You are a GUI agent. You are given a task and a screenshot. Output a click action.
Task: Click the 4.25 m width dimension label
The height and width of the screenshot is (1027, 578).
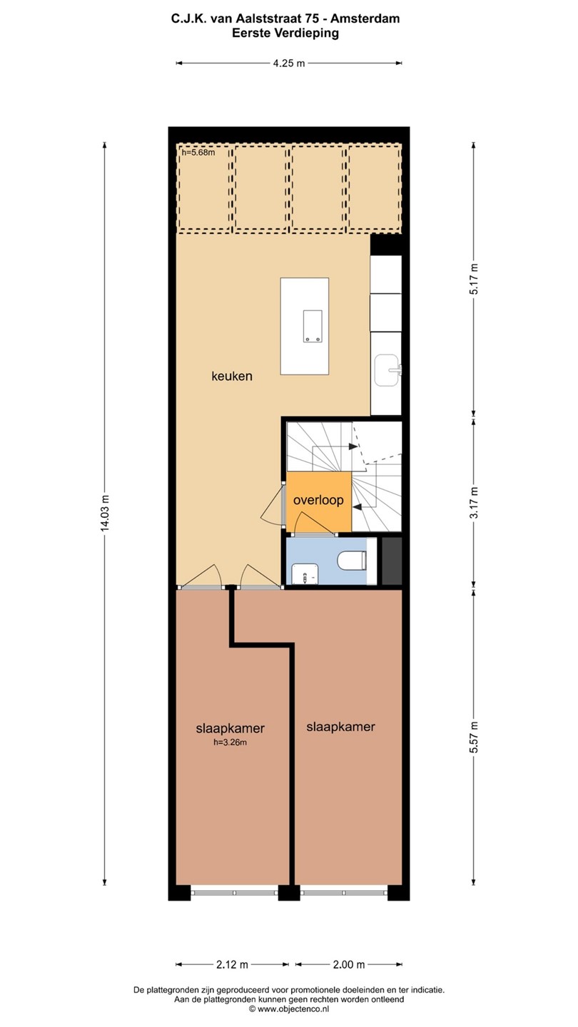point(289,63)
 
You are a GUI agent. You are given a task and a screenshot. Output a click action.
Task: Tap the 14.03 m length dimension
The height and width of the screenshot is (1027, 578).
point(105,513)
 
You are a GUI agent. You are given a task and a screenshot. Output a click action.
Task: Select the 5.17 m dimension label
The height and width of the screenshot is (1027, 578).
point(475,279)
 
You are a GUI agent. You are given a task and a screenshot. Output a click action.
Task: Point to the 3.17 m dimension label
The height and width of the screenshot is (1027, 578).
point(475,502)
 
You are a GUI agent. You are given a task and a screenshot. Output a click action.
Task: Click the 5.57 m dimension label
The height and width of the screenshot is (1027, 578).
point(475,737)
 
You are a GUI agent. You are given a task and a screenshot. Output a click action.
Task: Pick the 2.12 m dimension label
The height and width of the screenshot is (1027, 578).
point(232,965)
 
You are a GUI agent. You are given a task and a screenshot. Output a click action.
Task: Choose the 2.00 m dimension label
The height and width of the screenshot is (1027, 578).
point(349,965)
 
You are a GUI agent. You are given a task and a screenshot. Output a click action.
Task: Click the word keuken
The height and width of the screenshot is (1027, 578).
point(232,377)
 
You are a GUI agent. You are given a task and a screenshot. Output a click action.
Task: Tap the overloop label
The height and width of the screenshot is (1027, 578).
point(318,500)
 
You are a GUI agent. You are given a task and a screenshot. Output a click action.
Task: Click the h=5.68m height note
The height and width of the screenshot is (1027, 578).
point(198,153)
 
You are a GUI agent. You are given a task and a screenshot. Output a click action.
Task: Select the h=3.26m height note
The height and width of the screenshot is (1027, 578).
point(230,742)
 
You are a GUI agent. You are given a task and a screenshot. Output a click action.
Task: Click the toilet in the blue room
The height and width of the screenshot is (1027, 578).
point(352,561)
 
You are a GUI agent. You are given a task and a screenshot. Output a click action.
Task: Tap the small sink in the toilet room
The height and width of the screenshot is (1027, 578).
point(305,574)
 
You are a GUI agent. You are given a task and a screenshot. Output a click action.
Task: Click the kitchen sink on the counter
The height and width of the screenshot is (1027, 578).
point(388,370)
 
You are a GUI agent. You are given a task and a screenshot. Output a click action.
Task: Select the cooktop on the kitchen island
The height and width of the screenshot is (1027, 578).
point(312,326)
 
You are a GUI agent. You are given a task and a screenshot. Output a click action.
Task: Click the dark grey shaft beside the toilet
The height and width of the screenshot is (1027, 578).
point(392,561)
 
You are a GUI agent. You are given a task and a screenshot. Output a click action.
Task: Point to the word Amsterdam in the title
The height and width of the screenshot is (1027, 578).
point(365,19)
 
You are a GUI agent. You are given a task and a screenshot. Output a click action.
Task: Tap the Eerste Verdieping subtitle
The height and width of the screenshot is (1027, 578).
point(285,33)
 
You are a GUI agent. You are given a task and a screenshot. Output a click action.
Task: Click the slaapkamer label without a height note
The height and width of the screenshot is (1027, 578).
point(341,727)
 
